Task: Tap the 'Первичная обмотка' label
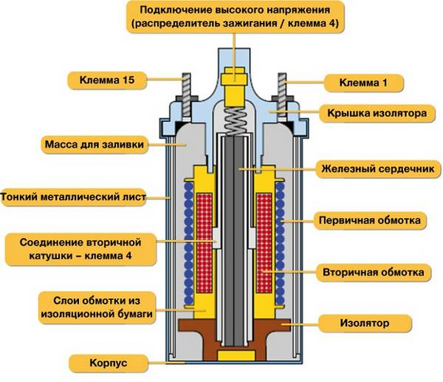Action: tap(372, 220)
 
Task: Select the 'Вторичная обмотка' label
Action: tap(372, 272)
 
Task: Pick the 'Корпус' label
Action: tap(107, 364)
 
